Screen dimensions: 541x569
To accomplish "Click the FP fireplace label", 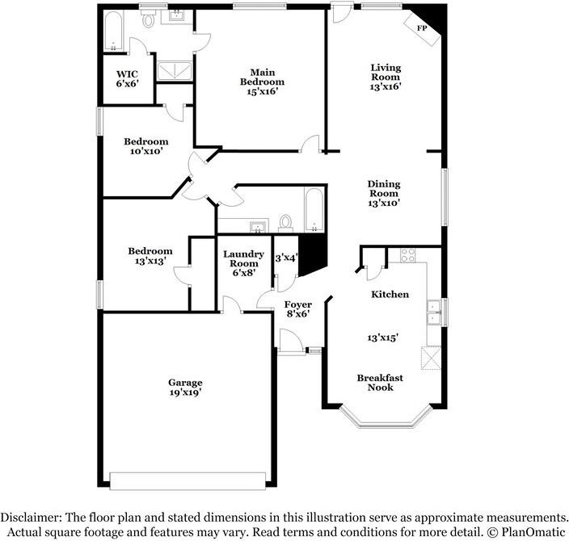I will pyautogui.click(x=421, y=28).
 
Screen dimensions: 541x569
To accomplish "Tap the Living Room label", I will pyautogui.click(x=386, y=77).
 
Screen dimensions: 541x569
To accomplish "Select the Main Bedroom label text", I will pyautogui.click(x=262, y=82).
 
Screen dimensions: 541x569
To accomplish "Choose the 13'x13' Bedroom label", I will pyautogui.click(x=150, y=256).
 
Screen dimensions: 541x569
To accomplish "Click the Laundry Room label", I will pyautogui.click(x=243, y=263).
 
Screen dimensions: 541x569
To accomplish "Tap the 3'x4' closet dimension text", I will pyautogui.click(x=286, y=258).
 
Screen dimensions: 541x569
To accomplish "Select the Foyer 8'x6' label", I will pyautogui.click(x=297, y=309).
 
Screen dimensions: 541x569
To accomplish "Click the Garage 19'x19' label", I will pyautogui.click(x=185, y=387).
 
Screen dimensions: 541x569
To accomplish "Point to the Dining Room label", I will pyautogui.click(x=384, y=194).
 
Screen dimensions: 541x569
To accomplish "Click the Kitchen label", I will pyautogui.click(x=390, y=295).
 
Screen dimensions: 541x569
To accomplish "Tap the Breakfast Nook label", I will pyautogui.click(x=380, y=382).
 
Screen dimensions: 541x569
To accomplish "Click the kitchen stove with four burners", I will pyautogui.click(x=408, y=255).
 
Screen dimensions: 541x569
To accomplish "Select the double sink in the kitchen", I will pyautogui.click(x=434, y=312).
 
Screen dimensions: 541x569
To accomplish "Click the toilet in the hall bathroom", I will pyautogui.click(x=284, y=221).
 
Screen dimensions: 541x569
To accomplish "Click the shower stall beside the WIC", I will pyautogui.click(x=174, y=71).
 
